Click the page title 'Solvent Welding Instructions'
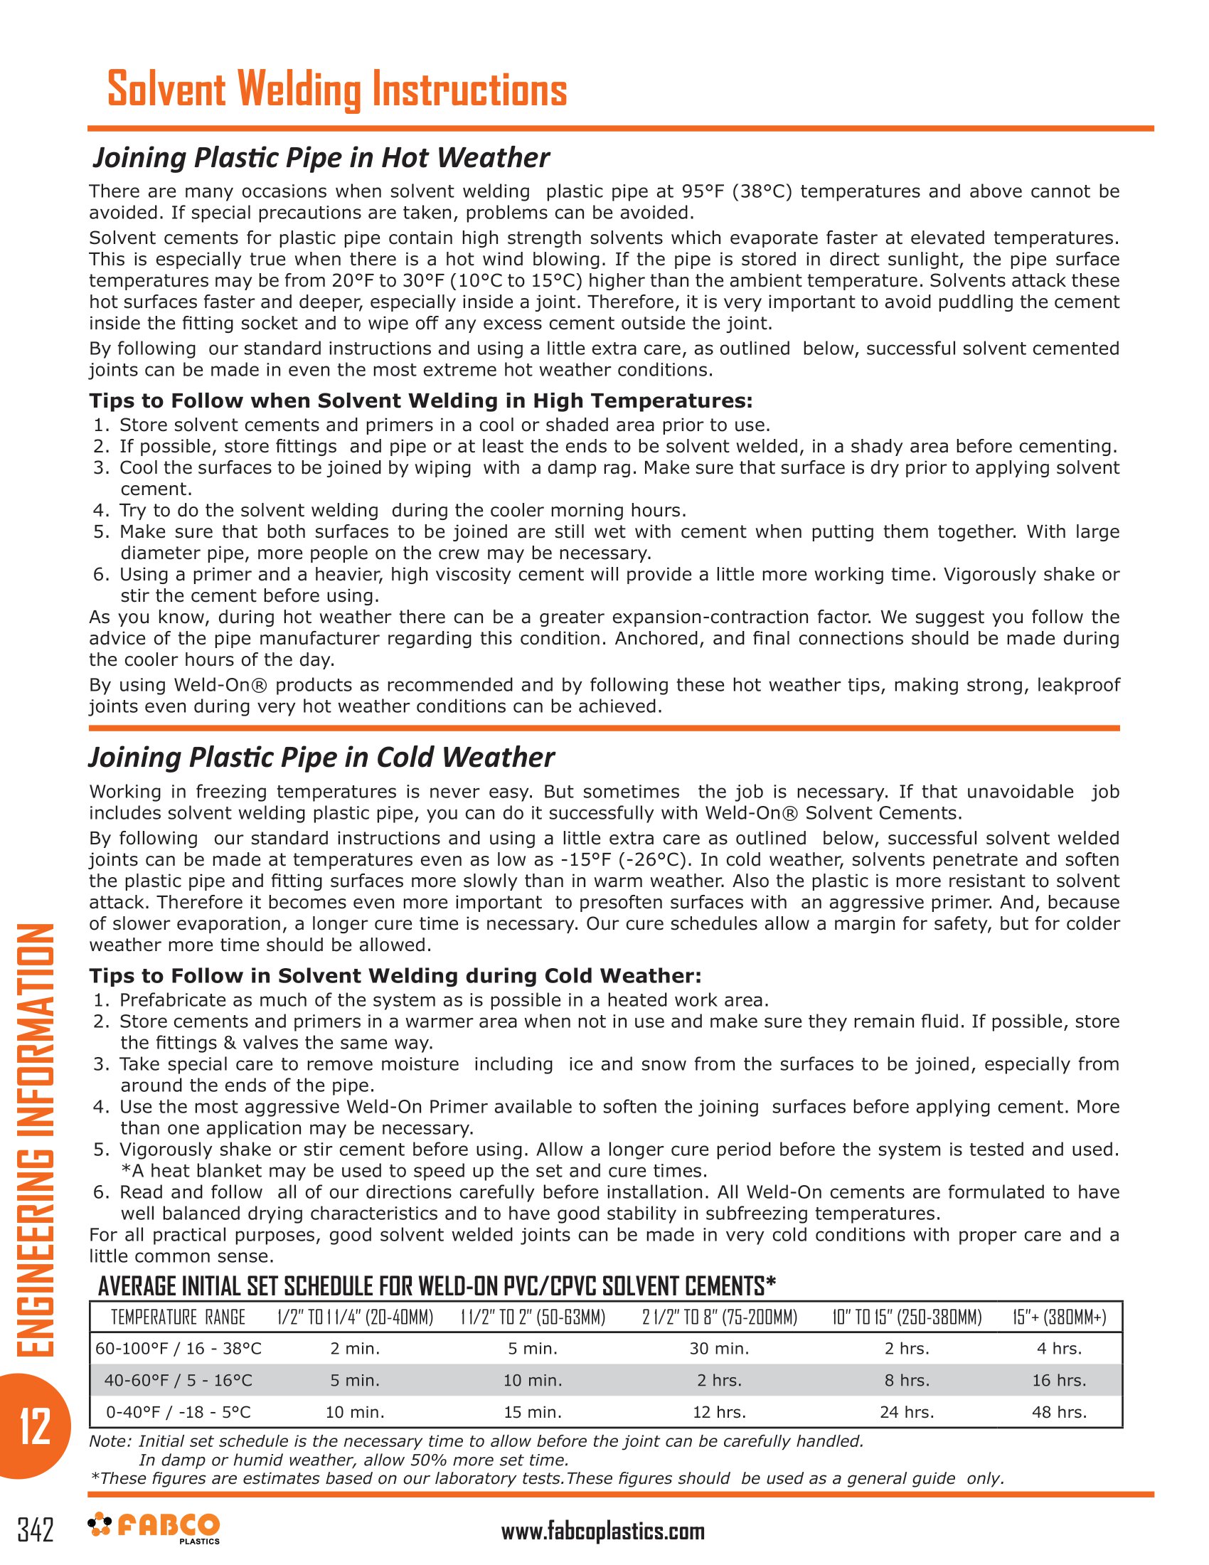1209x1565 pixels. tap(336, 90)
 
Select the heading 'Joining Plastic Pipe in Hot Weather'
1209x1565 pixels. tap(321, 158)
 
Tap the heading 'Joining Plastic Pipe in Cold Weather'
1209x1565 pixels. tap(321, 758)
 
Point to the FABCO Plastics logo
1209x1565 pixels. tap(154, 1527)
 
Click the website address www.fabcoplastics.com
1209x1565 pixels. tap(602, 1532)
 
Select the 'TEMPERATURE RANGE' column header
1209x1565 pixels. tap(178, 1317)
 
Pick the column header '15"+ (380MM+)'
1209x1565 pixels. tap(1060, 1317)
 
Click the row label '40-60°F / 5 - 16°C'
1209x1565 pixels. tap(179, 1380)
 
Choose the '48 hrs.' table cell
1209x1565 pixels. tap(1060, 1412)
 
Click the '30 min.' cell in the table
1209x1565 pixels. tap(719, 1349)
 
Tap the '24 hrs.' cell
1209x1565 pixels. tap(907, 1412)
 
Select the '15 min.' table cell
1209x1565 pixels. tap(533, 1412)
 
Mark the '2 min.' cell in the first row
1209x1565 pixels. tap(356, 1349)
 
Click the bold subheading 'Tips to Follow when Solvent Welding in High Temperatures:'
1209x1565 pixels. tap(420, 400)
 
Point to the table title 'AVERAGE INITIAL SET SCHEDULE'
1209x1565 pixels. tap(437, 1286)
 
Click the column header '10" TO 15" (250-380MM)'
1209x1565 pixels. tap(907, 1317)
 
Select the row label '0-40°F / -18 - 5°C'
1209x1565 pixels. tap(179, 1412)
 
